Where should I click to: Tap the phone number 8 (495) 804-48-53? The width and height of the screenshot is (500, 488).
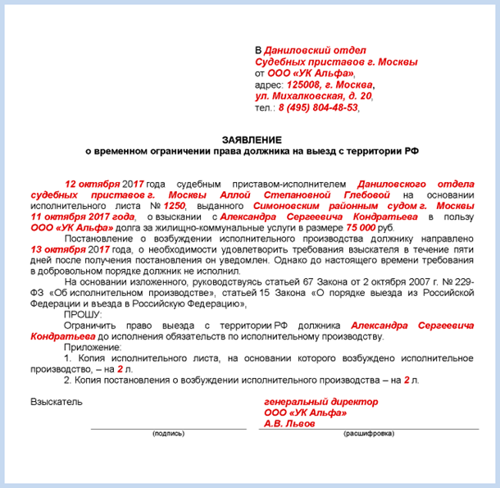pyautogui.click(x=318, y=107)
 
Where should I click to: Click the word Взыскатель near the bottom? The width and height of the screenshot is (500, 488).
pyautogui.click(x=57, y=402)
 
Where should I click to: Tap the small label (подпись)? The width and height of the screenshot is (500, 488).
pyautogui.click(x=168, y=432)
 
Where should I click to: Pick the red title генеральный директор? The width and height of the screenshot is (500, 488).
pyautogui.click(x=320, y=402)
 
